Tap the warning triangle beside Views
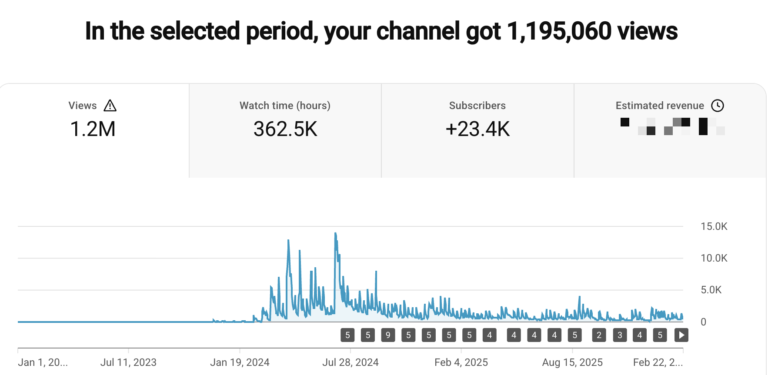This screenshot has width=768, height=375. [110, 106]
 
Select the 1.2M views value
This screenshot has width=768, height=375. [93, 129]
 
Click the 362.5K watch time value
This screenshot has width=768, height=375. [285, 129]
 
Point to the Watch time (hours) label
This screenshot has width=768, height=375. [285, 106]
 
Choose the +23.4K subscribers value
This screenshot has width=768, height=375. [477, 129]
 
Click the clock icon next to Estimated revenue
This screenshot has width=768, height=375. [717, 106]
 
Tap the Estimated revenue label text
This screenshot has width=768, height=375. [659, 106]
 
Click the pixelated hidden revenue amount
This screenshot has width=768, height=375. [672, 126]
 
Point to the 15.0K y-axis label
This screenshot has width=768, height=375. [714, 226]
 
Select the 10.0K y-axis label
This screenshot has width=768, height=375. [714, 258]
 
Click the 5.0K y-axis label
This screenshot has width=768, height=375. [711, 290]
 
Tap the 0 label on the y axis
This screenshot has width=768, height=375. [703, 322]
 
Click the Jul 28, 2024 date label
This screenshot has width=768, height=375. [350, 362]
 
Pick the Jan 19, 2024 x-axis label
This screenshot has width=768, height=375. [240, 362]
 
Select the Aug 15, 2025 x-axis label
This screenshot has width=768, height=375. [572, 362]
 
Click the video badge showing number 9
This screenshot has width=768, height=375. [388, 335]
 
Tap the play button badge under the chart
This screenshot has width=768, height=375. [681, 335]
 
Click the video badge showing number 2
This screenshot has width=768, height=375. [599, 335]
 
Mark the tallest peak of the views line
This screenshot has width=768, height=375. [335, 234]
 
